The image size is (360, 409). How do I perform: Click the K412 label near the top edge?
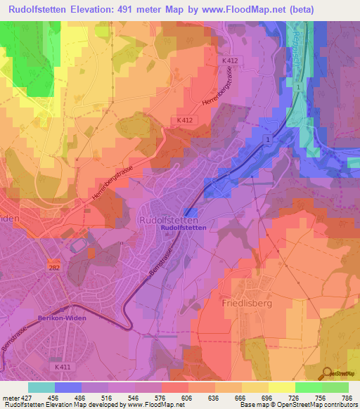(231, 61)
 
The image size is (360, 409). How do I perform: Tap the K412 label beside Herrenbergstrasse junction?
(184, 120)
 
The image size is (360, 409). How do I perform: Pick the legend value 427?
(28, 397)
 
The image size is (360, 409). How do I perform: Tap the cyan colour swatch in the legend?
(41, 387)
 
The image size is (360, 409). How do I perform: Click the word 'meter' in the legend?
(10, 397)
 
